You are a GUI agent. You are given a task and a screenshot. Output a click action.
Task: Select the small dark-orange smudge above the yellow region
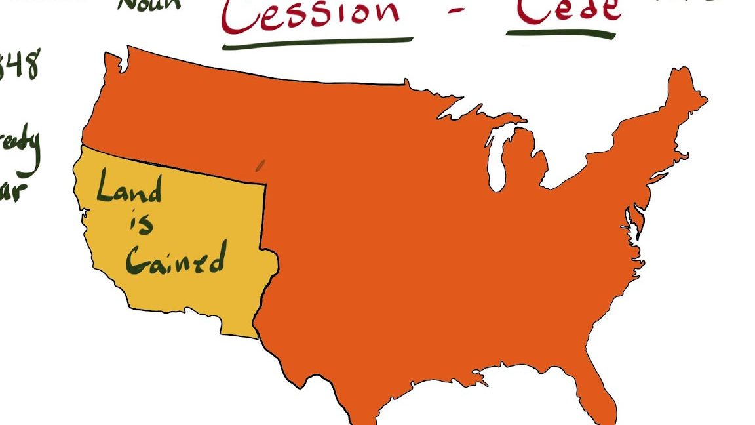(x=260, y=165)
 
